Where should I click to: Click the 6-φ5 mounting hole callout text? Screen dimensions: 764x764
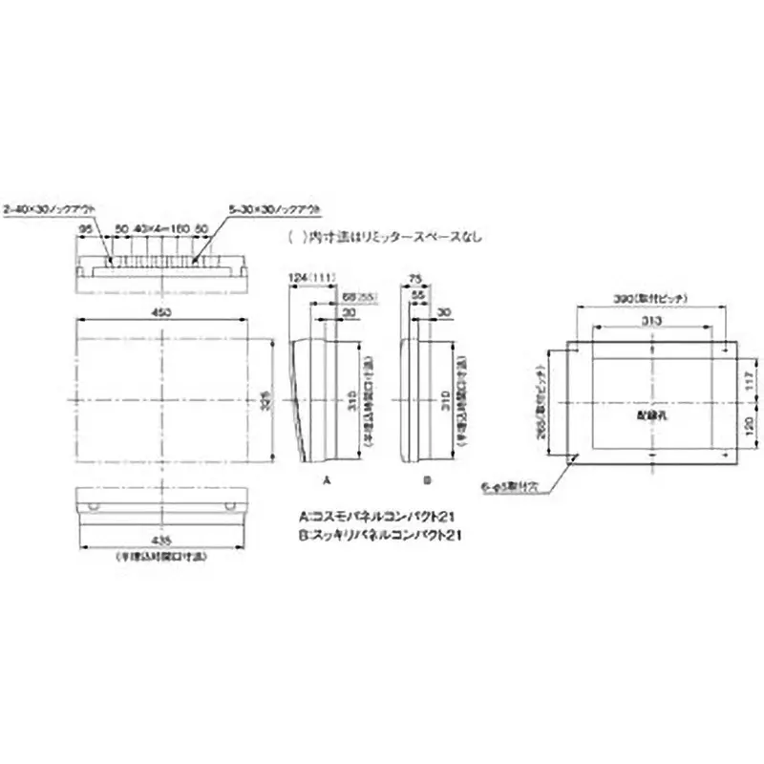pos(511,486)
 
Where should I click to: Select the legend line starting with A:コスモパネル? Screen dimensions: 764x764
pos(380,517)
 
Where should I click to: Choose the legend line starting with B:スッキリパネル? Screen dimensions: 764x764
pos(380,537)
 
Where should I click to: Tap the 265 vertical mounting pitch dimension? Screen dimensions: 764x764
pos(541,401)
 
